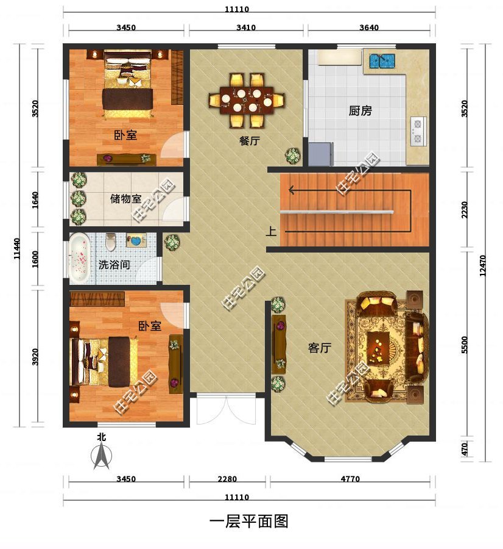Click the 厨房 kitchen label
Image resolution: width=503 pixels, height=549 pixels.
point(360,111)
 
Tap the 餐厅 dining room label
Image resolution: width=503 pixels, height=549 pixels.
point(250,141)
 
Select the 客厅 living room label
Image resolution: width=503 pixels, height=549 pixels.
point(320,348)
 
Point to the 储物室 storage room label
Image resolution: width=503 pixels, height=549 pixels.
point(125,198)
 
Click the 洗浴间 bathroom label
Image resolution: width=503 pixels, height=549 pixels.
point(114,265)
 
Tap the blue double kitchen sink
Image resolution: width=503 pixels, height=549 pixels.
point(382,61)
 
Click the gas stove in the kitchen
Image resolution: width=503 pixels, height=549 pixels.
point(418,131)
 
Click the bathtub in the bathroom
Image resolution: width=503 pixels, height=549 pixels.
point(79,259)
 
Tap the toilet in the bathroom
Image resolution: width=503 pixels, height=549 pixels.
point(111,242)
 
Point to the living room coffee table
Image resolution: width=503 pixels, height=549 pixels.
point(379,344)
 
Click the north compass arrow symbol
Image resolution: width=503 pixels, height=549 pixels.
point(101,455)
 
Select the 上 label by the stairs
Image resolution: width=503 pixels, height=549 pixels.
point(271,231)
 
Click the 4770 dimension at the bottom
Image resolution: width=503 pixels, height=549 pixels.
point(350,479)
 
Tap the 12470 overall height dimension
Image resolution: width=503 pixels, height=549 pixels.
point(483,266)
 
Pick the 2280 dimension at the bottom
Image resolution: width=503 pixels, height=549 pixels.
point(227,479)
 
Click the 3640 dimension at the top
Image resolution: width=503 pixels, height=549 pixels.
point(369,27)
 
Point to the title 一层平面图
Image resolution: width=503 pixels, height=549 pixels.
point(249,522)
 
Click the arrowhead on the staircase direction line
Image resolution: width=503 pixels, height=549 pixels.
point(291,190)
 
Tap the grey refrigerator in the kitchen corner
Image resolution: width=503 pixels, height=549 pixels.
point(320,154)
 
